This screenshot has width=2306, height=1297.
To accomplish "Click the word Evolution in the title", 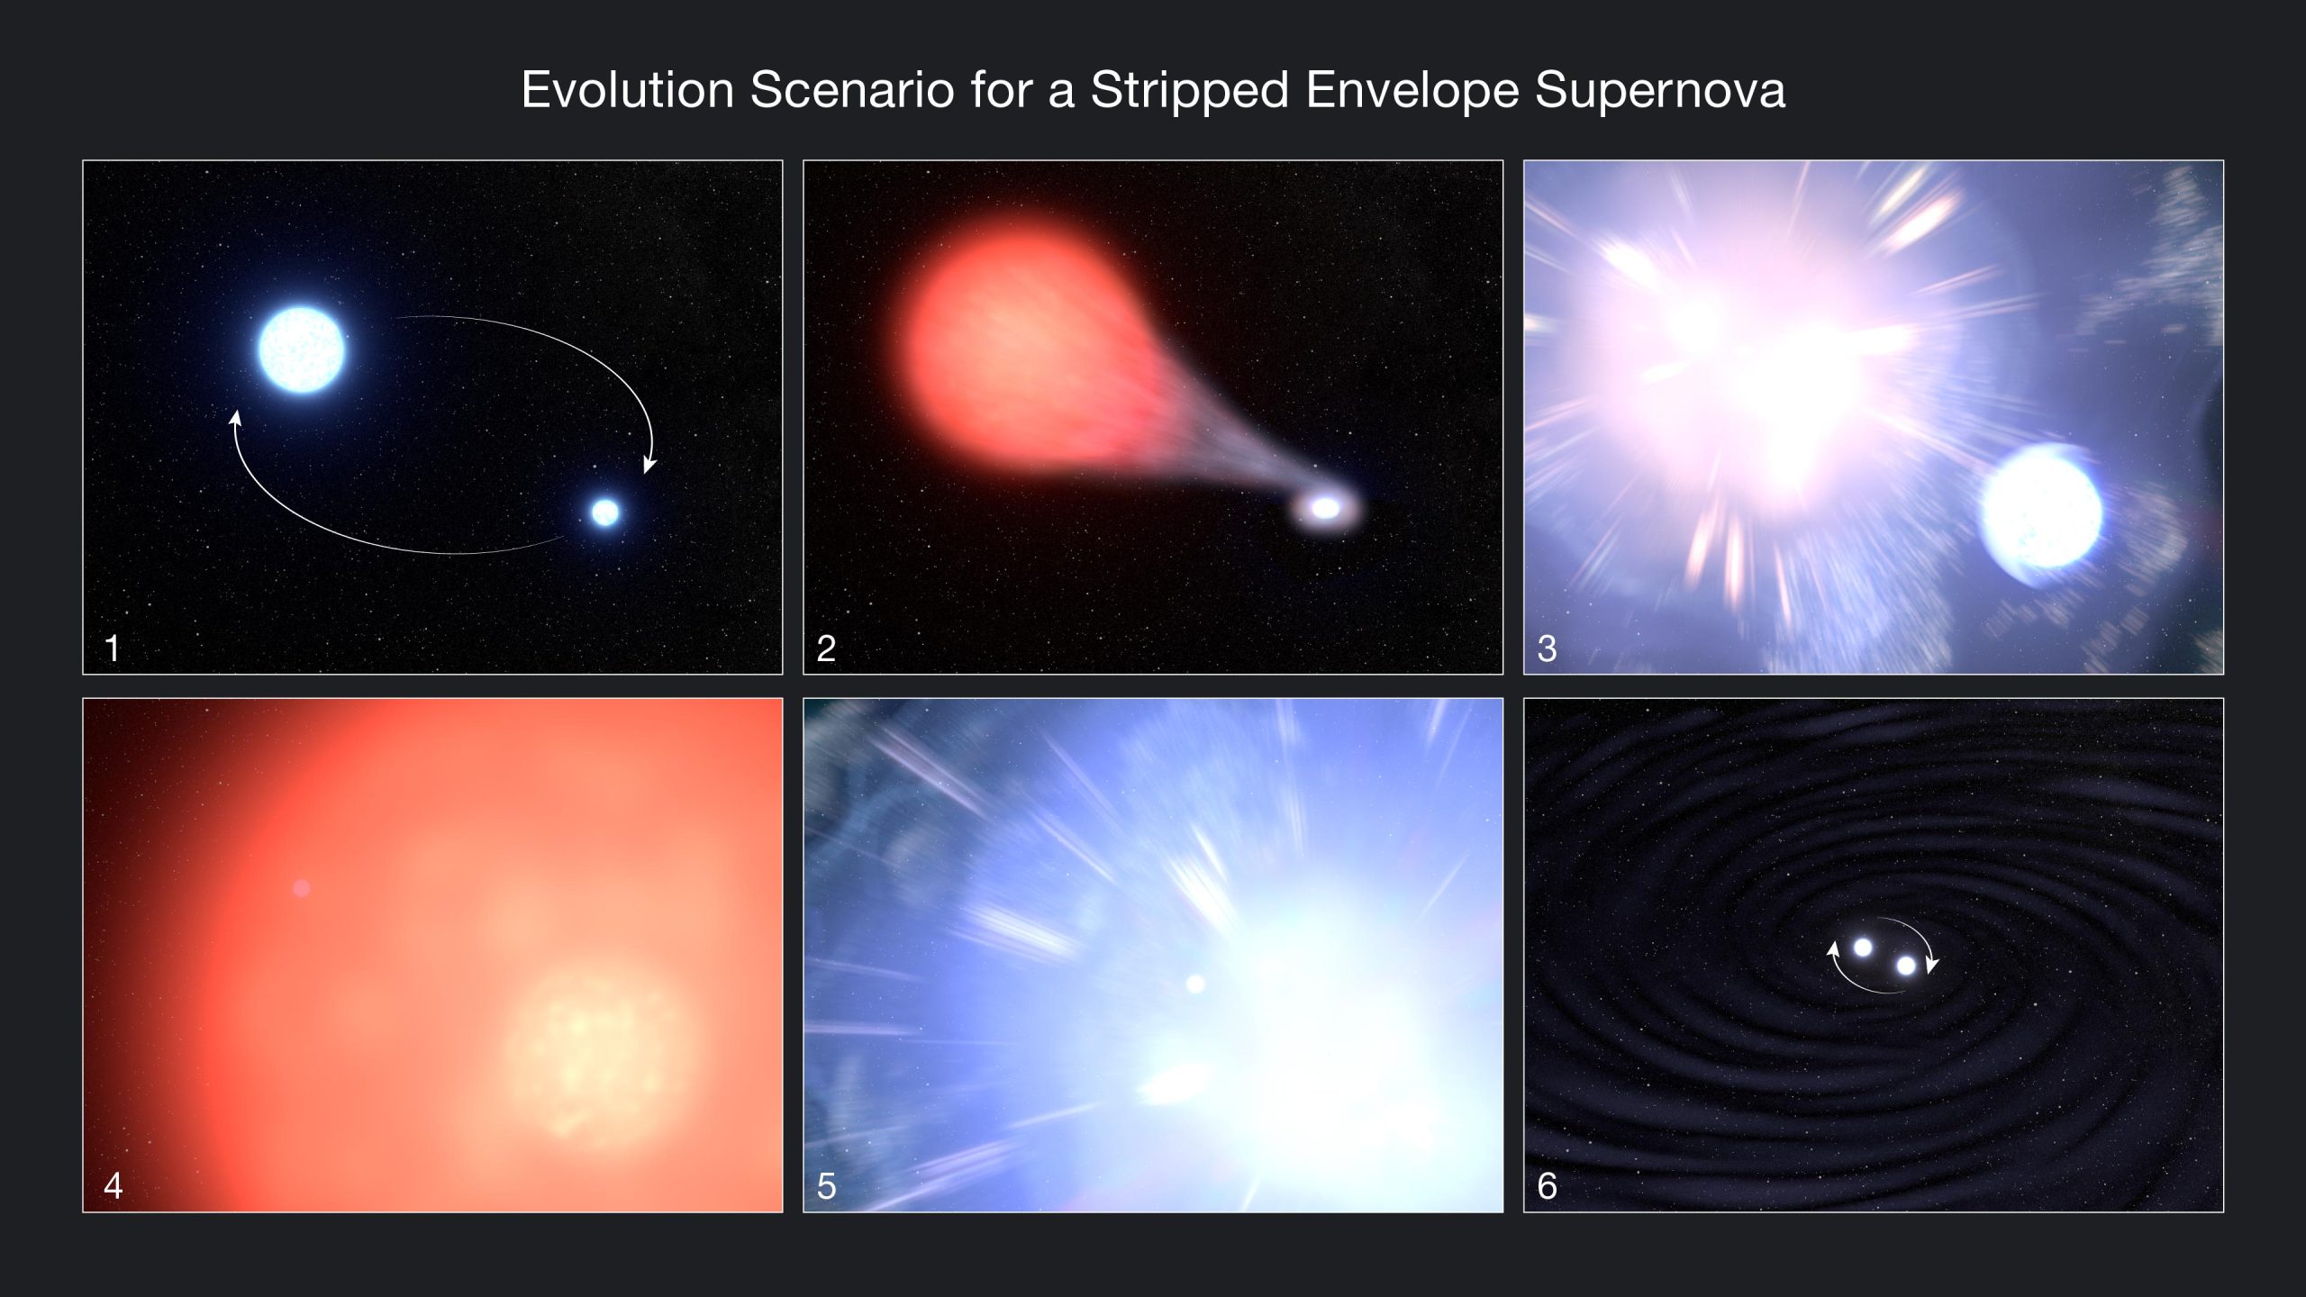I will pyautogui.click(x=627, y=91).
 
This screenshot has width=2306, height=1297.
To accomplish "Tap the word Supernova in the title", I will pyautogui.click(x=1659, y=91).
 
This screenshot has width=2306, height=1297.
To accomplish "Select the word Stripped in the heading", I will pyautogui.click(x=1189, y=91).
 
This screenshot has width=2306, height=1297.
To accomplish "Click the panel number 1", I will pyautogui.click(x=113, y=648).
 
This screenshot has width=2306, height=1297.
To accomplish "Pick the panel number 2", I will pyautogui.click(x=826, y=648).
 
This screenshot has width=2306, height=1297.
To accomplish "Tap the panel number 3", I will pyautogui.click(x=1547, y=648).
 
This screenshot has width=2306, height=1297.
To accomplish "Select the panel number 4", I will pyautogui.click(x=113, y=1185).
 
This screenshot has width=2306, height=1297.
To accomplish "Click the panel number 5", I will pyautogui.click(x=826, y=1185).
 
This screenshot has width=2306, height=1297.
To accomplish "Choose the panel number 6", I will pyautogui.click(x=1547, y=1185).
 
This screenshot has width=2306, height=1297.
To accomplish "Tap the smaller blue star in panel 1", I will pyautogui.click(x=605, y=512).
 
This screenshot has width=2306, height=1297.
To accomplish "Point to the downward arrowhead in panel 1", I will pyautogui.click(x=649, y=466).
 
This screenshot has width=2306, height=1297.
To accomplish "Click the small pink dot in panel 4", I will pyautogui.click(x=302, y=888).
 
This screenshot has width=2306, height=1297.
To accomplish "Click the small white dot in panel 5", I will pyautogui.click(x=1195, y=984).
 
